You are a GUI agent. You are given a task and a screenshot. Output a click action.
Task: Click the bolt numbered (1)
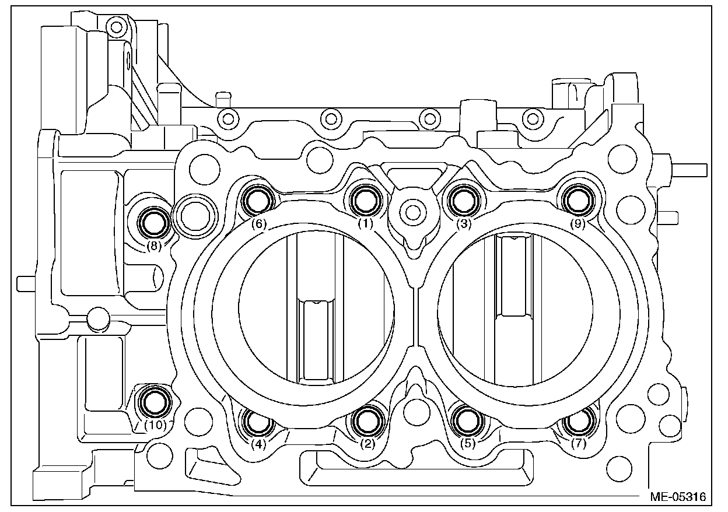pos(366,200)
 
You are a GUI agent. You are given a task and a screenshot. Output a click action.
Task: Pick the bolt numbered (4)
pos(257,421)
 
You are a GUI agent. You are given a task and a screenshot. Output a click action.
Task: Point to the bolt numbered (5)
pos(468,419)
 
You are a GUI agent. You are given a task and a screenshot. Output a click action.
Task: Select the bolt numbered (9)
pos(577,200)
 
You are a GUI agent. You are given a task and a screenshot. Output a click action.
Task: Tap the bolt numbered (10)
pos(155,401)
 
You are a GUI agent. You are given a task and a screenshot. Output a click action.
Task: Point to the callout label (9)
pos(577,225)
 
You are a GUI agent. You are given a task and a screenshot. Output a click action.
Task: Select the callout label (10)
pos(156,425)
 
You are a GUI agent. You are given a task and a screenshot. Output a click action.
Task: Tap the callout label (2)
pos(367,444)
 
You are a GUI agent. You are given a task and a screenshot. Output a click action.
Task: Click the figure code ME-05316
pos(678,497)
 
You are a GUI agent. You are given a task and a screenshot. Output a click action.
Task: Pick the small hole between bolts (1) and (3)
pos(414,211)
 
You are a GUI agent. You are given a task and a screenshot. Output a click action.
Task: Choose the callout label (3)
pos(464,225)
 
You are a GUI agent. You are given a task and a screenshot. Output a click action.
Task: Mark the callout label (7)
pos(579,444)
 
